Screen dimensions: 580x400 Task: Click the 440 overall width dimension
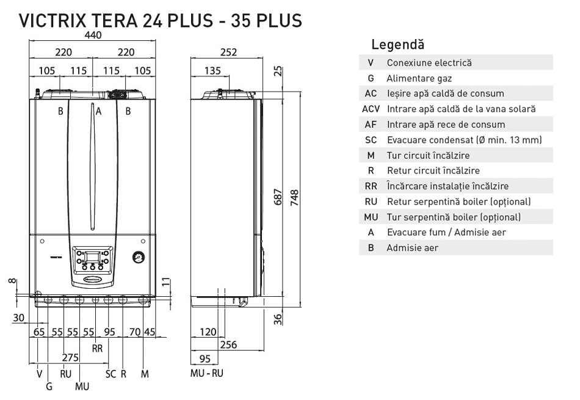[93, 35]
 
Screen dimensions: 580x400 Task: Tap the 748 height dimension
[294, 198]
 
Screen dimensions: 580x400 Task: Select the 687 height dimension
[278, 197]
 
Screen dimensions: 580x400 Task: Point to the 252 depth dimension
[228, 52]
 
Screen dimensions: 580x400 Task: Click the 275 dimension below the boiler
[70, 357]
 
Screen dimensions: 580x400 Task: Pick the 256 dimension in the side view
[228, 345]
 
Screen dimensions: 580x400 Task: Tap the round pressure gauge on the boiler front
[139, 257]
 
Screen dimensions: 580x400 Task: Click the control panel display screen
[92, 257]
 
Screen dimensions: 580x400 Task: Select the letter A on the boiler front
[98, 111]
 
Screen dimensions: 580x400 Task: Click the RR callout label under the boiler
[97, 349]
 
